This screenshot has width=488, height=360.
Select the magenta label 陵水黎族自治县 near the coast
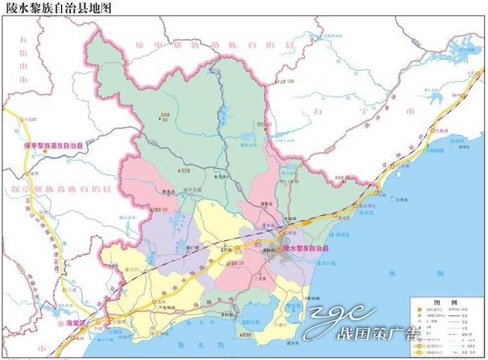click(x=312, y=251)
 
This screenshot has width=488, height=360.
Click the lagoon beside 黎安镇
click(x=292, y=312)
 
